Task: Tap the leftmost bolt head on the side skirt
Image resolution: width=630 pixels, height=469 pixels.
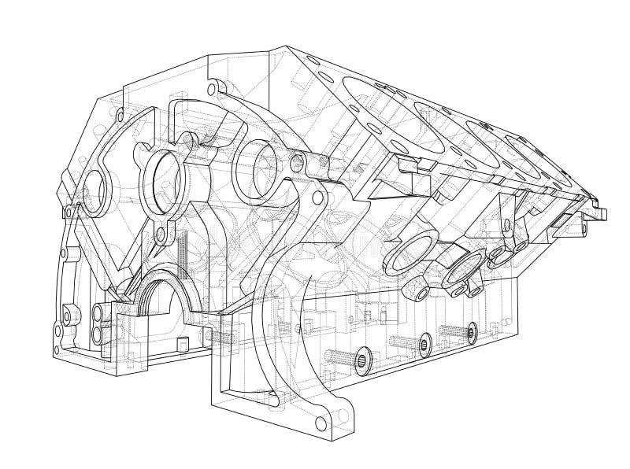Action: point(362,358)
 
